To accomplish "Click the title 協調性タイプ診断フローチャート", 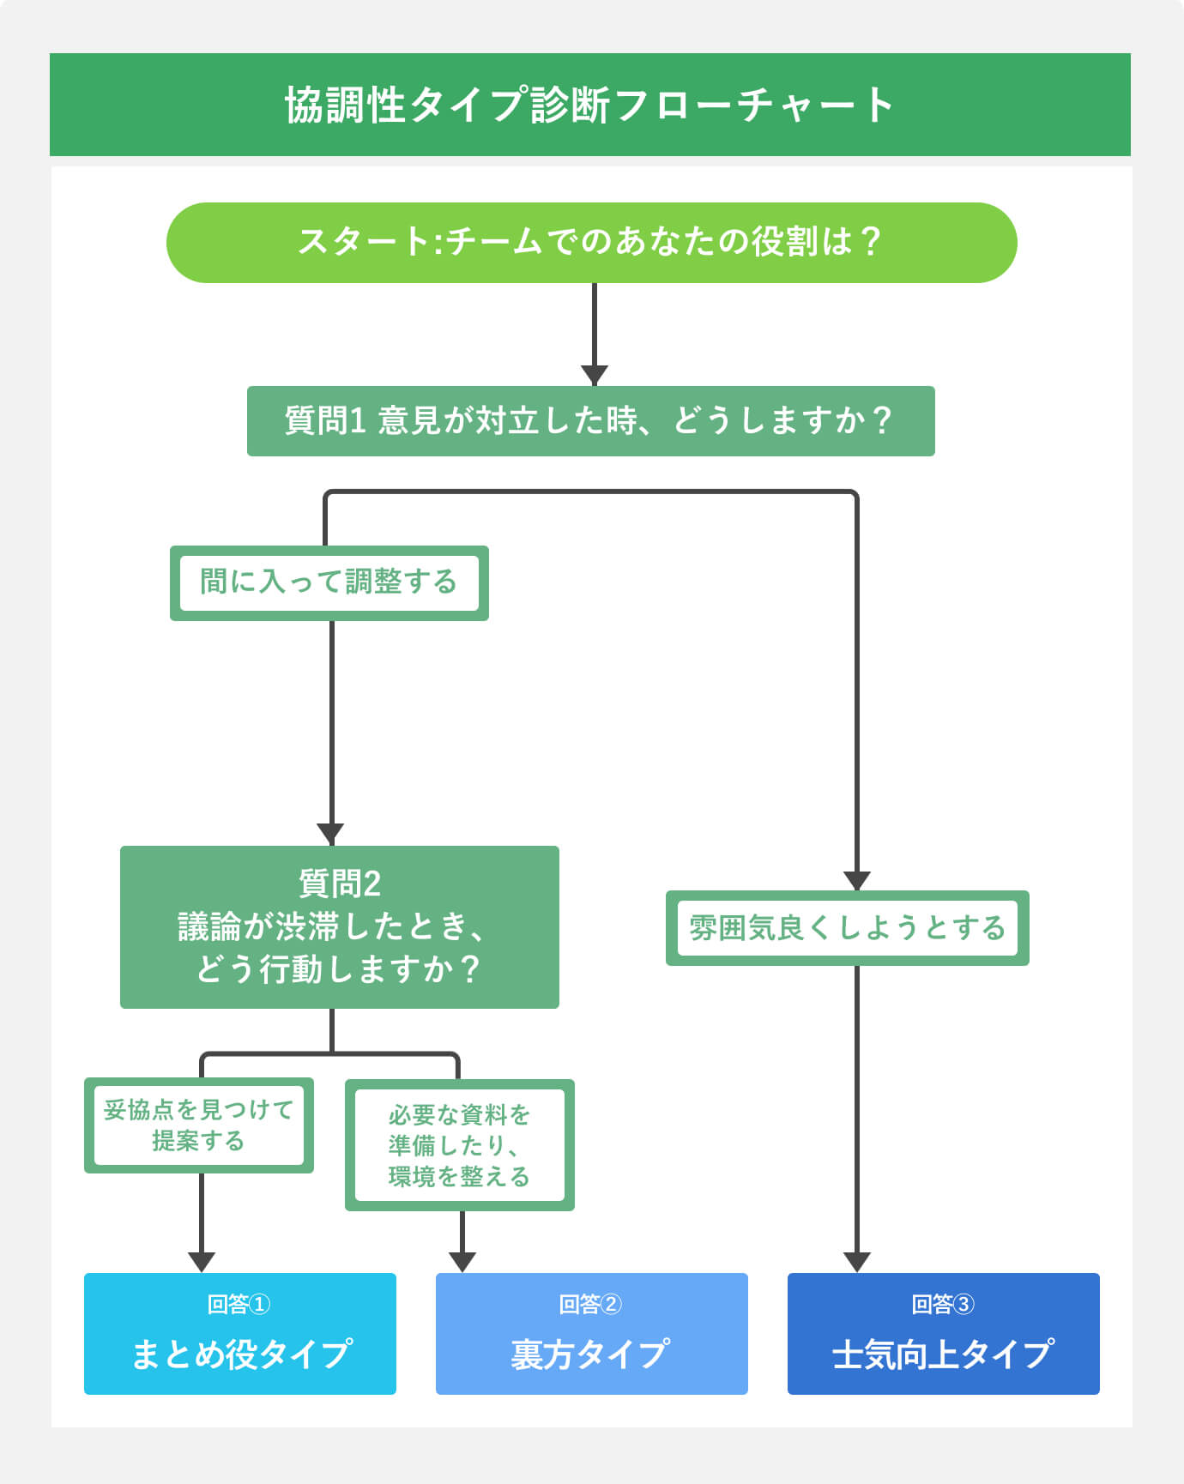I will point(590,105).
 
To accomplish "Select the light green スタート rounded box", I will point(591,242).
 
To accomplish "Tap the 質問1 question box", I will point(590,420).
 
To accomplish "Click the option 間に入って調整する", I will point(329,582).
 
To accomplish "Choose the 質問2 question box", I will point(339,926).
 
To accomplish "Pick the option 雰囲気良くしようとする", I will point(847,928).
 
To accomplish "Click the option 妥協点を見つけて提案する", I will point(198,1125).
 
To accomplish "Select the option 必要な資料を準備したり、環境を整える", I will point(459,1145).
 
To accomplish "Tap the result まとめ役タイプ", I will point(240,1354).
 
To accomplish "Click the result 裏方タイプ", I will point(591,1354).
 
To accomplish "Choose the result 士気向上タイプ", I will point(943,1354).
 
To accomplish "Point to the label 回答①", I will point(239,1305).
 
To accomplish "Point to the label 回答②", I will point(590,1305).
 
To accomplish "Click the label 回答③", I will point(943,1305).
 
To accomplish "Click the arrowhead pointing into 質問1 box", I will point(594,376).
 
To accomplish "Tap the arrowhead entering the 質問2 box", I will point(331,834).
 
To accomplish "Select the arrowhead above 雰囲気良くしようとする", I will point(856,881).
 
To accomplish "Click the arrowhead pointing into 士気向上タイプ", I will point(856,1262).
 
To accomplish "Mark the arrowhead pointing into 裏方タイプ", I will point(462,1262).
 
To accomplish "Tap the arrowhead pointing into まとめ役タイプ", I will point(202,1262).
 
